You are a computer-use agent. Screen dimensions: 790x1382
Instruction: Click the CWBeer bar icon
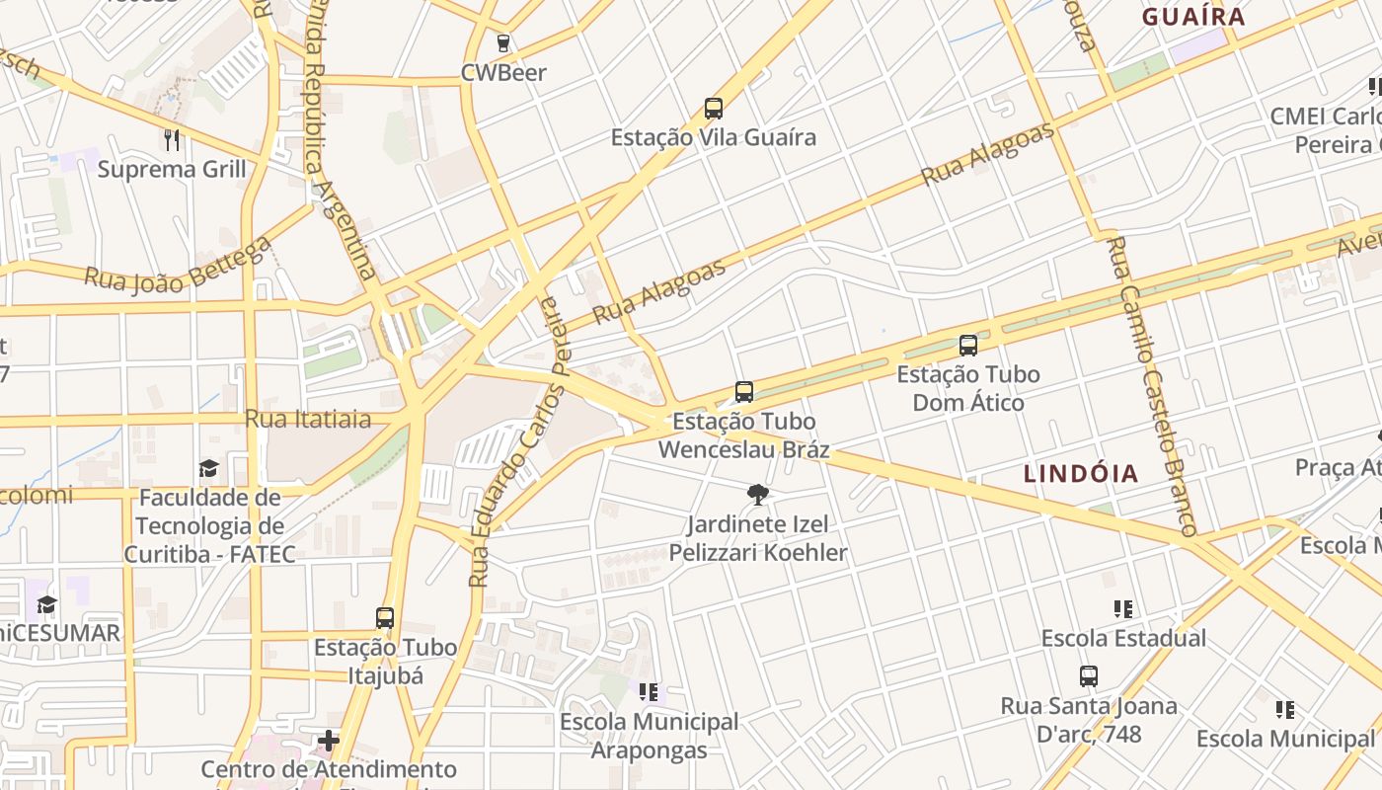[x=503, y=43]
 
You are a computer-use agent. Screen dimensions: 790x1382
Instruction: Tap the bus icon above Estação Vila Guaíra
[x=714, y=109]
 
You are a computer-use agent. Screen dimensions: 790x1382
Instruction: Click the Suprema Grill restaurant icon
[x=172, y=140]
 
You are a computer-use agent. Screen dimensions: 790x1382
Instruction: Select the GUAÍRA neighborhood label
[x=1193, y=17]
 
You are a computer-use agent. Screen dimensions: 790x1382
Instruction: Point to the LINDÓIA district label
[x=1081, y=473]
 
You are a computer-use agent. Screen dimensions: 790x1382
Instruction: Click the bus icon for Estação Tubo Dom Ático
[x=968, y=346]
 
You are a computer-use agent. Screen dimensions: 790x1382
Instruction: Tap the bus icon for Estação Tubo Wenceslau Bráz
[x=744, y=392]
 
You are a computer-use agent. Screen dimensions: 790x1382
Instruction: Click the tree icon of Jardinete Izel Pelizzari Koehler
[x=758, y=494]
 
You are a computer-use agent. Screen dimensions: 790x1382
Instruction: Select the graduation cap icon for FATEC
[x=208, y=468]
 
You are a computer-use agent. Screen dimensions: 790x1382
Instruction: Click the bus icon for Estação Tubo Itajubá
[x=385, y=618]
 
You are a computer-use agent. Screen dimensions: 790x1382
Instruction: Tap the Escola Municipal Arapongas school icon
[x=649, y=692]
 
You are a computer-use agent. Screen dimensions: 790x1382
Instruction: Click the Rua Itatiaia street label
[x=308, y=419]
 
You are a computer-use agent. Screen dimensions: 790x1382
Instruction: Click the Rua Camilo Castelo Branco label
[x=1151, y=385]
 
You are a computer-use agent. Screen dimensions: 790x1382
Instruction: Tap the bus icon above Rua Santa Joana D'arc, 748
[x=1089, y=676]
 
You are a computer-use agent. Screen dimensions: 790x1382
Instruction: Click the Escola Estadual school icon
[x=1123, y=608]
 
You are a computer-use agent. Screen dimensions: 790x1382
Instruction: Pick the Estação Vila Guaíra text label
[x=714, y=137]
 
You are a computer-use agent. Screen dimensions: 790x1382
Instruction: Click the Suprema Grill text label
[x=172, y=169]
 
